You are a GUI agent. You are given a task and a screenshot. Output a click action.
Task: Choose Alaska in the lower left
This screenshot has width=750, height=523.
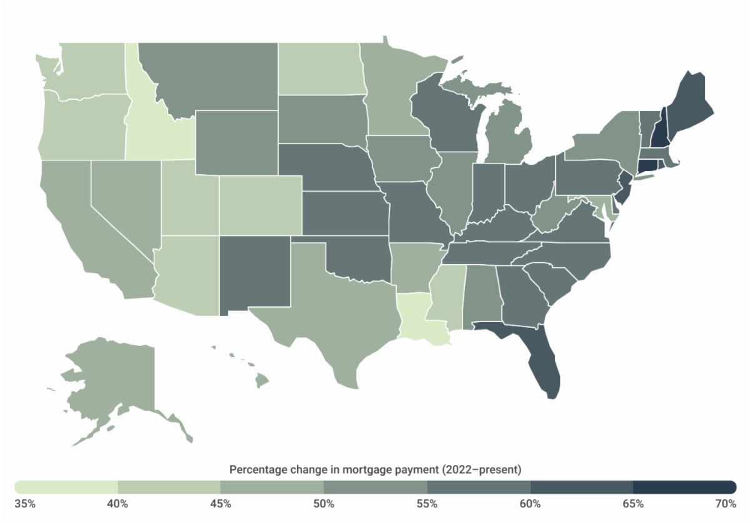tap(106, 381)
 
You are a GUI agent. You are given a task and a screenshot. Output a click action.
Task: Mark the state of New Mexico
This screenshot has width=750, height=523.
tap(254, 272)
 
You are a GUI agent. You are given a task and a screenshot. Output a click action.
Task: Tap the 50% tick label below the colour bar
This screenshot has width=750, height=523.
tap(324, 504)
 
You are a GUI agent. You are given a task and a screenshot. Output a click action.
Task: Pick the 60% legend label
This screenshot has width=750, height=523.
tap(531, 504)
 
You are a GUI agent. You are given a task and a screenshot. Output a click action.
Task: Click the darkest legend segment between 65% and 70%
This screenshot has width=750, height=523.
tap(684, 487)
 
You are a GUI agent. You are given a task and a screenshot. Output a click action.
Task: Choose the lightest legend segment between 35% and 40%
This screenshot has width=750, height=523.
tap(66, 487)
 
